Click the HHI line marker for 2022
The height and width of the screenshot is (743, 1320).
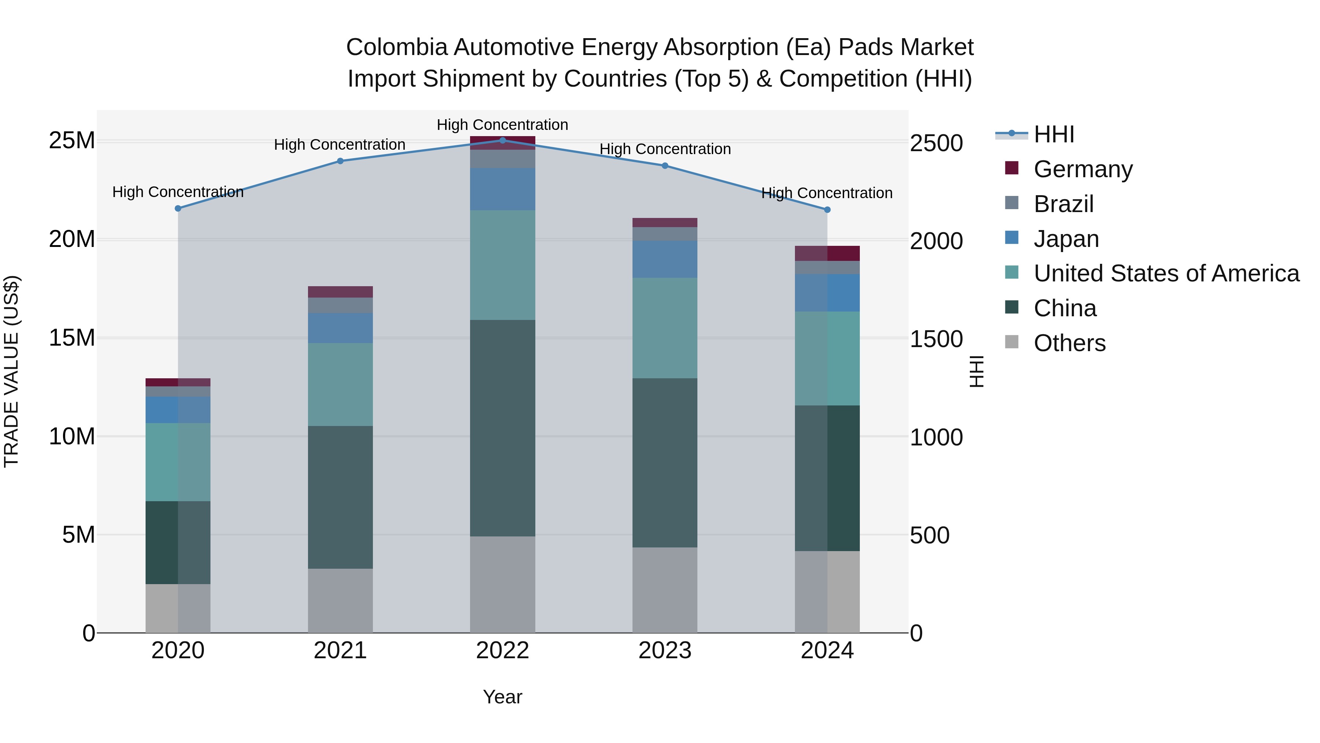tap(502, 141)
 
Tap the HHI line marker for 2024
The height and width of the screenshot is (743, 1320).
tap(827, 210)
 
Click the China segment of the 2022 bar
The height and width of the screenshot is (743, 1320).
tap(502, 428)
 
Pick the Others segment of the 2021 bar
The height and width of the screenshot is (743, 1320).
tap(340, 600)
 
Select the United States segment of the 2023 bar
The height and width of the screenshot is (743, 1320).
tap(665, 328)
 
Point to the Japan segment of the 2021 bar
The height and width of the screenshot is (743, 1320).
tap(340, 328)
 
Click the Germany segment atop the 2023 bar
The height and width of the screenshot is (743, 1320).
tap(665, 223)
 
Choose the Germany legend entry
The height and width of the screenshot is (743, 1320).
tap(1082, 169)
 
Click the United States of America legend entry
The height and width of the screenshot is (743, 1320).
tap(1166, 273)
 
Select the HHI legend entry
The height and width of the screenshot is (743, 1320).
tap(1053, 134)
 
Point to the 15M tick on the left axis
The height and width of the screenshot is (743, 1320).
tap(72, 338)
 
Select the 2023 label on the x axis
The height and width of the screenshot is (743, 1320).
tap(665, 651)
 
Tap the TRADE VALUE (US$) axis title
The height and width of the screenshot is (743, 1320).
tap(11, 371)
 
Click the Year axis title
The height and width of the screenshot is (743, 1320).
tap(502, 697)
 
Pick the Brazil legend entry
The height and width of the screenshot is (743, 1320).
tap(1063, 204)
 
